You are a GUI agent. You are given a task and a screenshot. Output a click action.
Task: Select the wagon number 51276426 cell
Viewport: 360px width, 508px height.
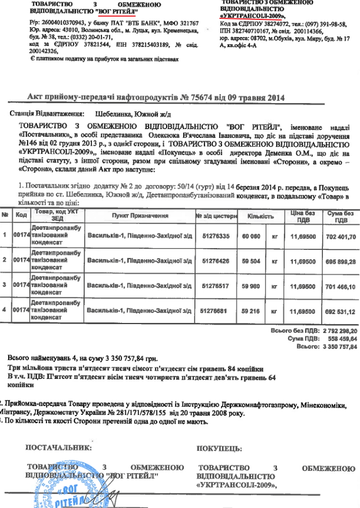[216, 260]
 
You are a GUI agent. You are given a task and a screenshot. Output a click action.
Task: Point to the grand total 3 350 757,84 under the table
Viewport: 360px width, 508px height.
[340, 346]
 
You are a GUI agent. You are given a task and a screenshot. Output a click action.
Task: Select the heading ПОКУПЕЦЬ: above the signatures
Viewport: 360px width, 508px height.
[218, 448]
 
